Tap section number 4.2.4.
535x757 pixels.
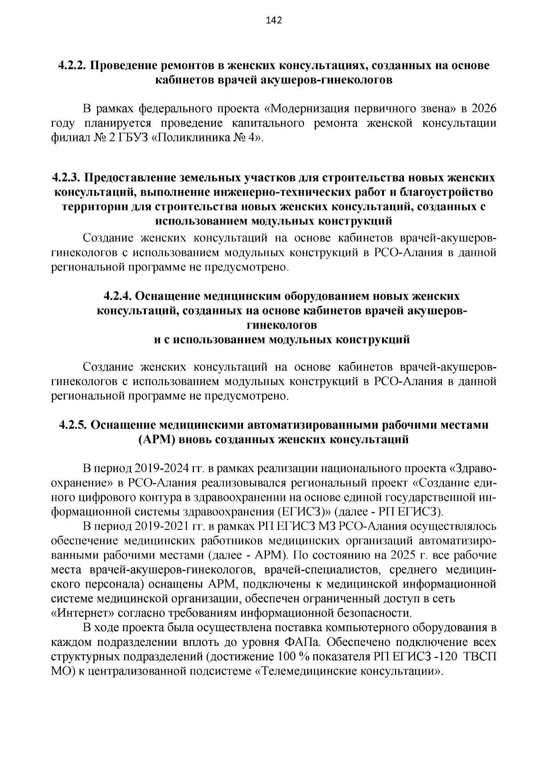pos(118,296)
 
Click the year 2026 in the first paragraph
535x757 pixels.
pos(483,109)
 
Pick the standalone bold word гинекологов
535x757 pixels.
pos(282,325)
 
